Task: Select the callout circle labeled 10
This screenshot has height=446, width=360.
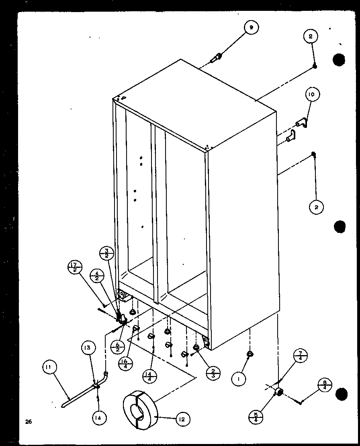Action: click(312, 95)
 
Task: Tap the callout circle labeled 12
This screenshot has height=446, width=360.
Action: click(182, 419)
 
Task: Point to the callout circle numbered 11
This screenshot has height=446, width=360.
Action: click(51, 367)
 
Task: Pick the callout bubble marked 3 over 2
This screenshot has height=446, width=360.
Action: click(107, 255)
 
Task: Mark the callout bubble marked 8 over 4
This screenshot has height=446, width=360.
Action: click(324, 385)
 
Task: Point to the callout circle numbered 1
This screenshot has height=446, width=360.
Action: click(239, 378)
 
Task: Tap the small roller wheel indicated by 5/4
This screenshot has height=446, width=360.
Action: click(278, 393)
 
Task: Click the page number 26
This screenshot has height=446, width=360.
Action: click(27, 421)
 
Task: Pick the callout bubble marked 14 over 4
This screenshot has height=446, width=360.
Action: click(150, 376)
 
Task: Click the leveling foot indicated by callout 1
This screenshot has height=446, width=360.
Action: click(250, 354)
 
